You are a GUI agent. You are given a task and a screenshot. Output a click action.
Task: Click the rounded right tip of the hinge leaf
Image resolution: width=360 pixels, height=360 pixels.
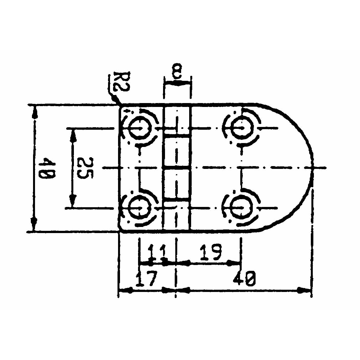click(x=313, y=167)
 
